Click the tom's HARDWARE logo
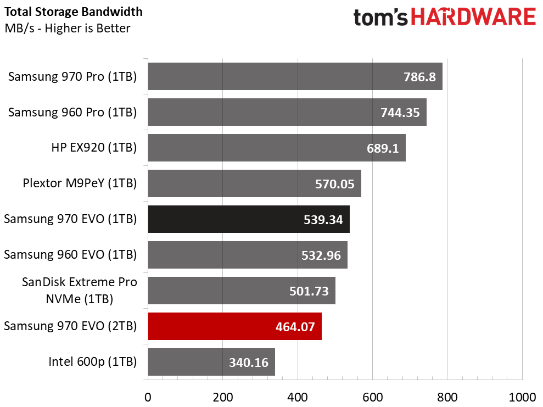pyautogui.click(x=444, y=17)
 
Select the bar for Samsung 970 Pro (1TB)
pyautogui.click(x=295, y=76)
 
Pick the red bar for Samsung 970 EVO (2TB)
pyautogui.click(x=234, y=326)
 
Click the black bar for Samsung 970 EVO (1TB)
pyautogui.click(x=248, y=219)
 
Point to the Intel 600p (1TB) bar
pyautogui.click(x=211, y=362)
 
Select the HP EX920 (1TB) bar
pyautogui.click(x=276, y=148)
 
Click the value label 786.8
pyautogui.click(x=419, y=77)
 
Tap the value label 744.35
pyautogui.click(x=400, y=113)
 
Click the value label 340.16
pyautogui.click(x=249, y=363)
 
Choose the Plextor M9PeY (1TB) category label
pyautogui.click(x=80, y=183)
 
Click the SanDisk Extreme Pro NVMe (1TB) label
pyautogui.click(x=79, y=290)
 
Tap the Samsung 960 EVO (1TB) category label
pyautogui.click(x=70, y=254)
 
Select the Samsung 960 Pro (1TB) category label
pyautogui.click(x=72, y=112)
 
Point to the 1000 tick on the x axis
pyautogui.click(x=522, y=396)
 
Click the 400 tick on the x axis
pyautogui.click(x=298, y=396)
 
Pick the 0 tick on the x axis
pyautogui.click(x=147, y=396)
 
